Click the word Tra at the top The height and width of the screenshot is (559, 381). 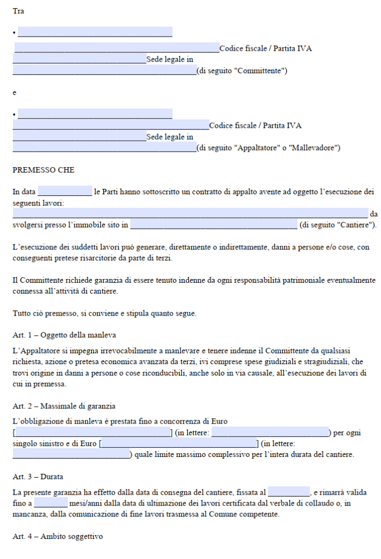[18, 11]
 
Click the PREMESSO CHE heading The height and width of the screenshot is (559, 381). [43, 170]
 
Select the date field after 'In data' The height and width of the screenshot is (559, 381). [65, 192]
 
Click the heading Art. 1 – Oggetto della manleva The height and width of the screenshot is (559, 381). [64, 335]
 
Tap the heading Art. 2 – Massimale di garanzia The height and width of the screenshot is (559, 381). [64, 406]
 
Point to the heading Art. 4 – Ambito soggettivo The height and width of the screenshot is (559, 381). [57, 537]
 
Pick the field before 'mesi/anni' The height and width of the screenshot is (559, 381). [51, 503]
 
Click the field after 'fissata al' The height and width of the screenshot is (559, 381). [289, 492]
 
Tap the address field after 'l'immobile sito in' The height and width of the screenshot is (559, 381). [213, 224]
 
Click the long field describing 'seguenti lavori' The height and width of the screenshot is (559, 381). [190, 213]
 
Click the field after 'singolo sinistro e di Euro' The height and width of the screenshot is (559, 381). [179, 443]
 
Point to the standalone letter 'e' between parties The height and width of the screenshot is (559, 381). [15, 93]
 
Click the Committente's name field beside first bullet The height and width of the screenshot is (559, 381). [95, 32]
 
